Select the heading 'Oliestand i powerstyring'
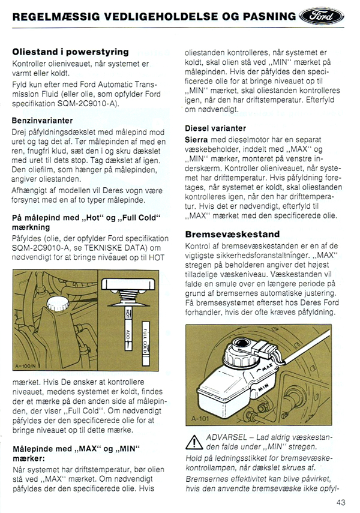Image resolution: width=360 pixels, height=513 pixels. pos(70,52)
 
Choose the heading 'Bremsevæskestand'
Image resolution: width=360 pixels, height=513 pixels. pos(232,234)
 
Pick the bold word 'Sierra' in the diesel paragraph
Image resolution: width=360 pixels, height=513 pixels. pos(197,139)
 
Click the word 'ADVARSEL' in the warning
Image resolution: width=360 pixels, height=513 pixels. pos(226,436)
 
